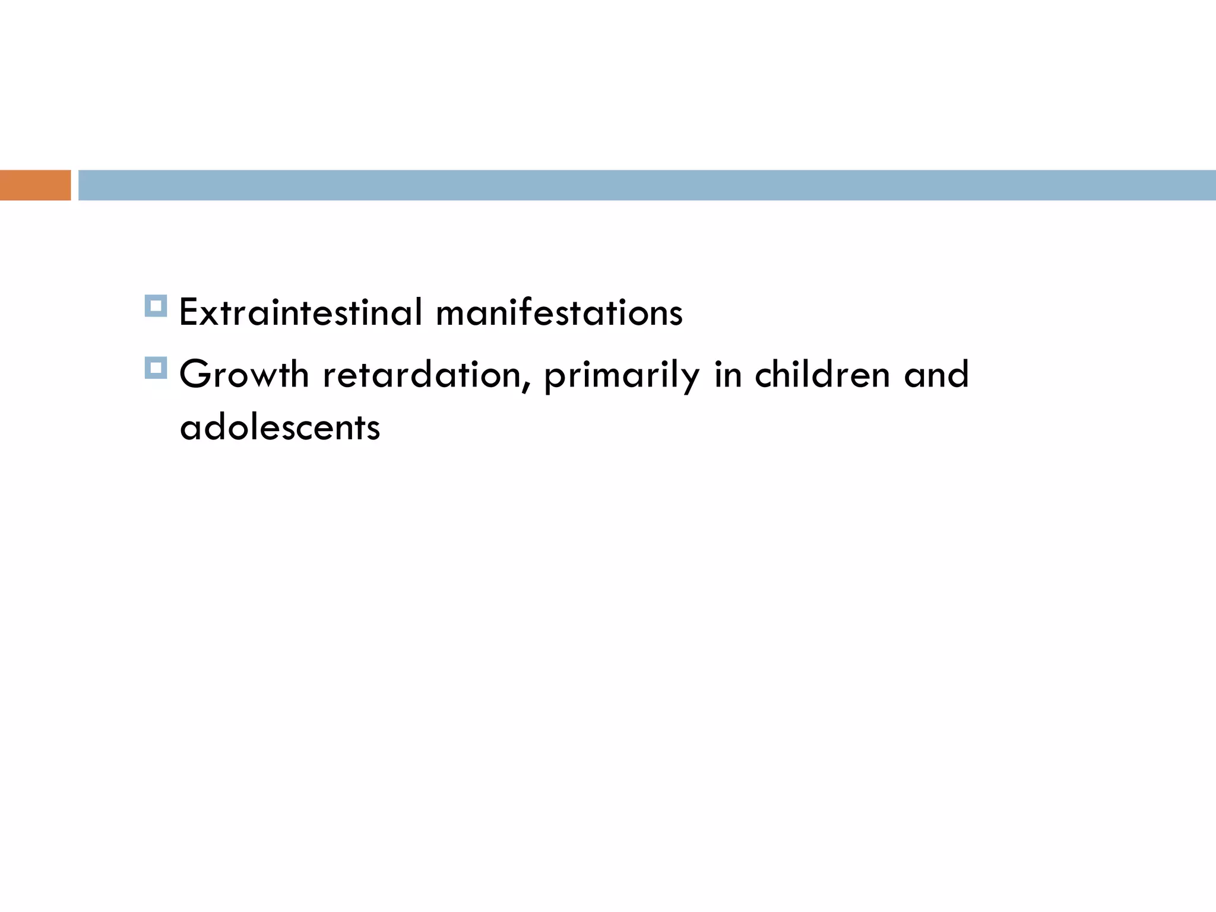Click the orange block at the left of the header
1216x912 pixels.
point(35,185)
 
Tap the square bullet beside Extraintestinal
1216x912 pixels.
point(156,306)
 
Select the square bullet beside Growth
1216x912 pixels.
point(156,368)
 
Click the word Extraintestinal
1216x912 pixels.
point(300,312)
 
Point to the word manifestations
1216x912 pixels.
point(559,312)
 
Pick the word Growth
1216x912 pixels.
point(244,375)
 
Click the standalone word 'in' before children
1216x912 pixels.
point(728,375)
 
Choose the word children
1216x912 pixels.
point(822,375)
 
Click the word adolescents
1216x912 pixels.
point(280,427)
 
